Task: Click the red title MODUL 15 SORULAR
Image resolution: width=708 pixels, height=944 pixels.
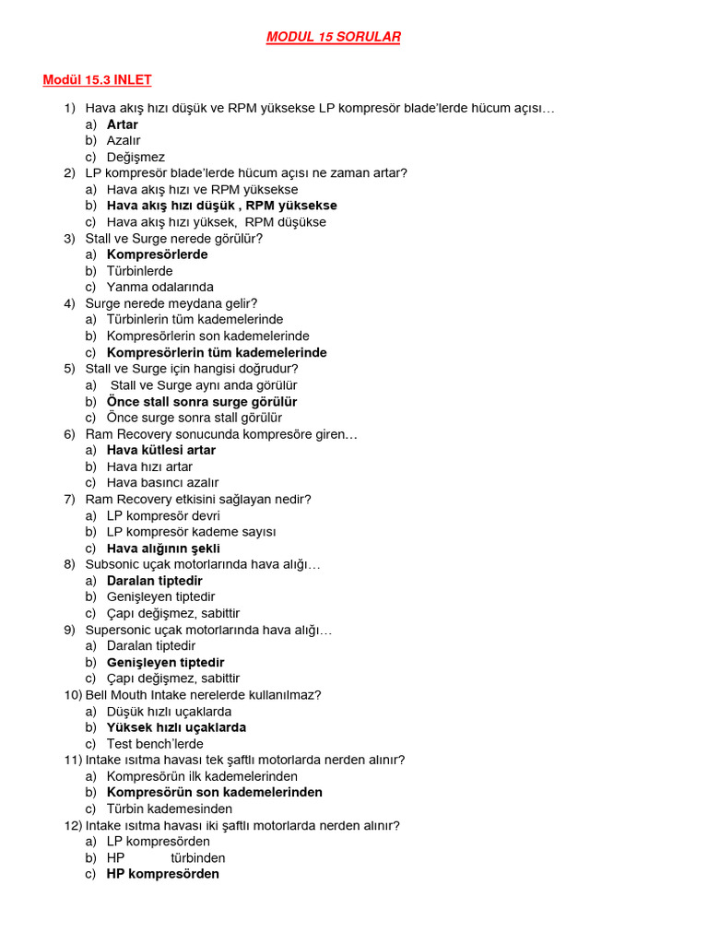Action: (333, 37)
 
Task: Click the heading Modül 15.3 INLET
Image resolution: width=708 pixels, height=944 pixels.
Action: (97, 80)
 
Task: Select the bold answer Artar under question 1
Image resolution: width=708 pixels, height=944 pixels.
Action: (123, 124)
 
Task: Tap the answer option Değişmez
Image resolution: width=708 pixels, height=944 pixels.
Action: (136, 157)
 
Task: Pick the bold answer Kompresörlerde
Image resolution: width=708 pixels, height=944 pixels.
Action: (157, 254)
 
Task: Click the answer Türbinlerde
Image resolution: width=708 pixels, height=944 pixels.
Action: (139, 271)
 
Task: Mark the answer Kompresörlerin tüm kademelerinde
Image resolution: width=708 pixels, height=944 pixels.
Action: (217, 352)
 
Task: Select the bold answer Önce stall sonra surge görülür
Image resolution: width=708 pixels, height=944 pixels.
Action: (202, 402)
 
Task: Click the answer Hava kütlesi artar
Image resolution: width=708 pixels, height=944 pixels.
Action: (161, 450)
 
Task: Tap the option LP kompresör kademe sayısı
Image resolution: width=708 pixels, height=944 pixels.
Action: (191, 532)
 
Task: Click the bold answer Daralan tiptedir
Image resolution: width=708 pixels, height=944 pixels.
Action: (154, 581)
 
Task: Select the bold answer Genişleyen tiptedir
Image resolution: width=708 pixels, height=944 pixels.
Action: (165, 662)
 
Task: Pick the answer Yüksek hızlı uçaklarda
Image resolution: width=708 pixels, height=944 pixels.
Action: (176, 727)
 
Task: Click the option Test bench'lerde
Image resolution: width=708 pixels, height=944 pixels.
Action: (155, 744)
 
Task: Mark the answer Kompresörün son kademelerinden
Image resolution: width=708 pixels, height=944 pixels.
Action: (215, 792)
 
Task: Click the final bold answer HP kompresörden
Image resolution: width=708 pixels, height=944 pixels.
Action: (163, 874)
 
